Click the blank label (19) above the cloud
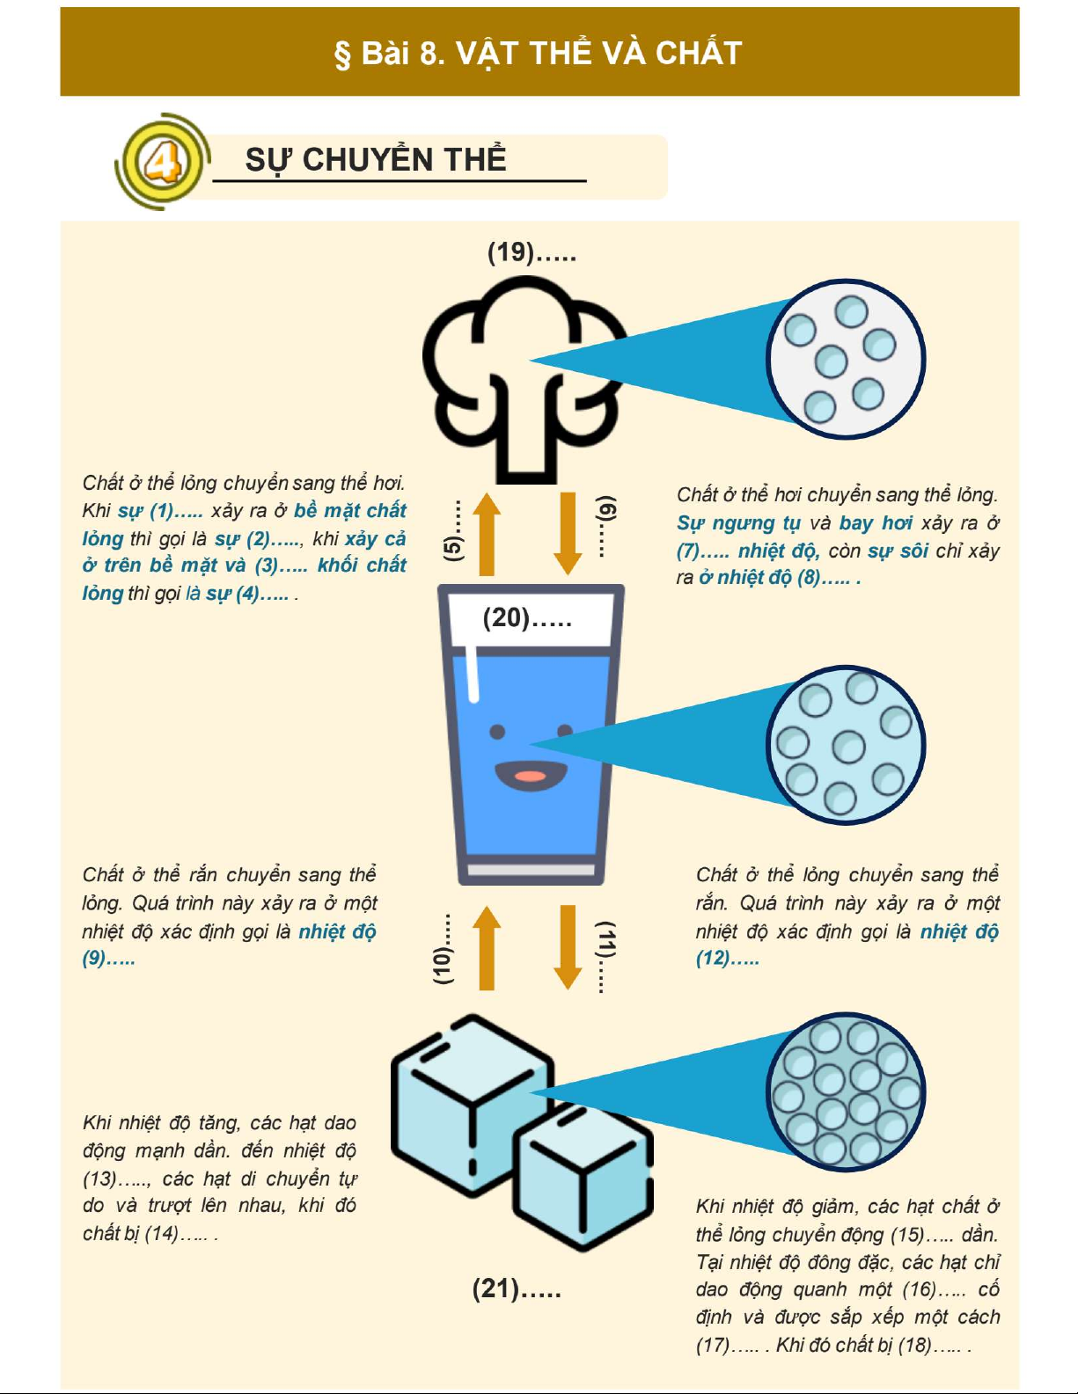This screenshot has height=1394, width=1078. point(532,252)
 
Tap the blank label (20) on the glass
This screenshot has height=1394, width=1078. point(527,617)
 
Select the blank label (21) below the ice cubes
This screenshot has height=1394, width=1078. point(517,1288)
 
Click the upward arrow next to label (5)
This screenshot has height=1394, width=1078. point(487,534)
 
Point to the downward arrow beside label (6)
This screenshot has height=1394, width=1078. point(568,534)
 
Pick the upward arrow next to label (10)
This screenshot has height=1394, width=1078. point(487,947)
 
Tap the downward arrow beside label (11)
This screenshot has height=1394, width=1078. point(568,947)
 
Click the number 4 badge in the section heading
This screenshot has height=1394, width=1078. point(163,161)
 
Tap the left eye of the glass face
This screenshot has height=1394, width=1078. point(497,732)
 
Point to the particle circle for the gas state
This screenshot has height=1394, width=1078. point(846,359)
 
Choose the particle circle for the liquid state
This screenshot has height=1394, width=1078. point(846,745)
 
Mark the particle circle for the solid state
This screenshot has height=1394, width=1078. point(846,1091)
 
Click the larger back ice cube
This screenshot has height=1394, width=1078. point(472,1105)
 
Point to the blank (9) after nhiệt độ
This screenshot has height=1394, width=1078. point(108,959)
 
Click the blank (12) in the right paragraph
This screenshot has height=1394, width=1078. point(727,959)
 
